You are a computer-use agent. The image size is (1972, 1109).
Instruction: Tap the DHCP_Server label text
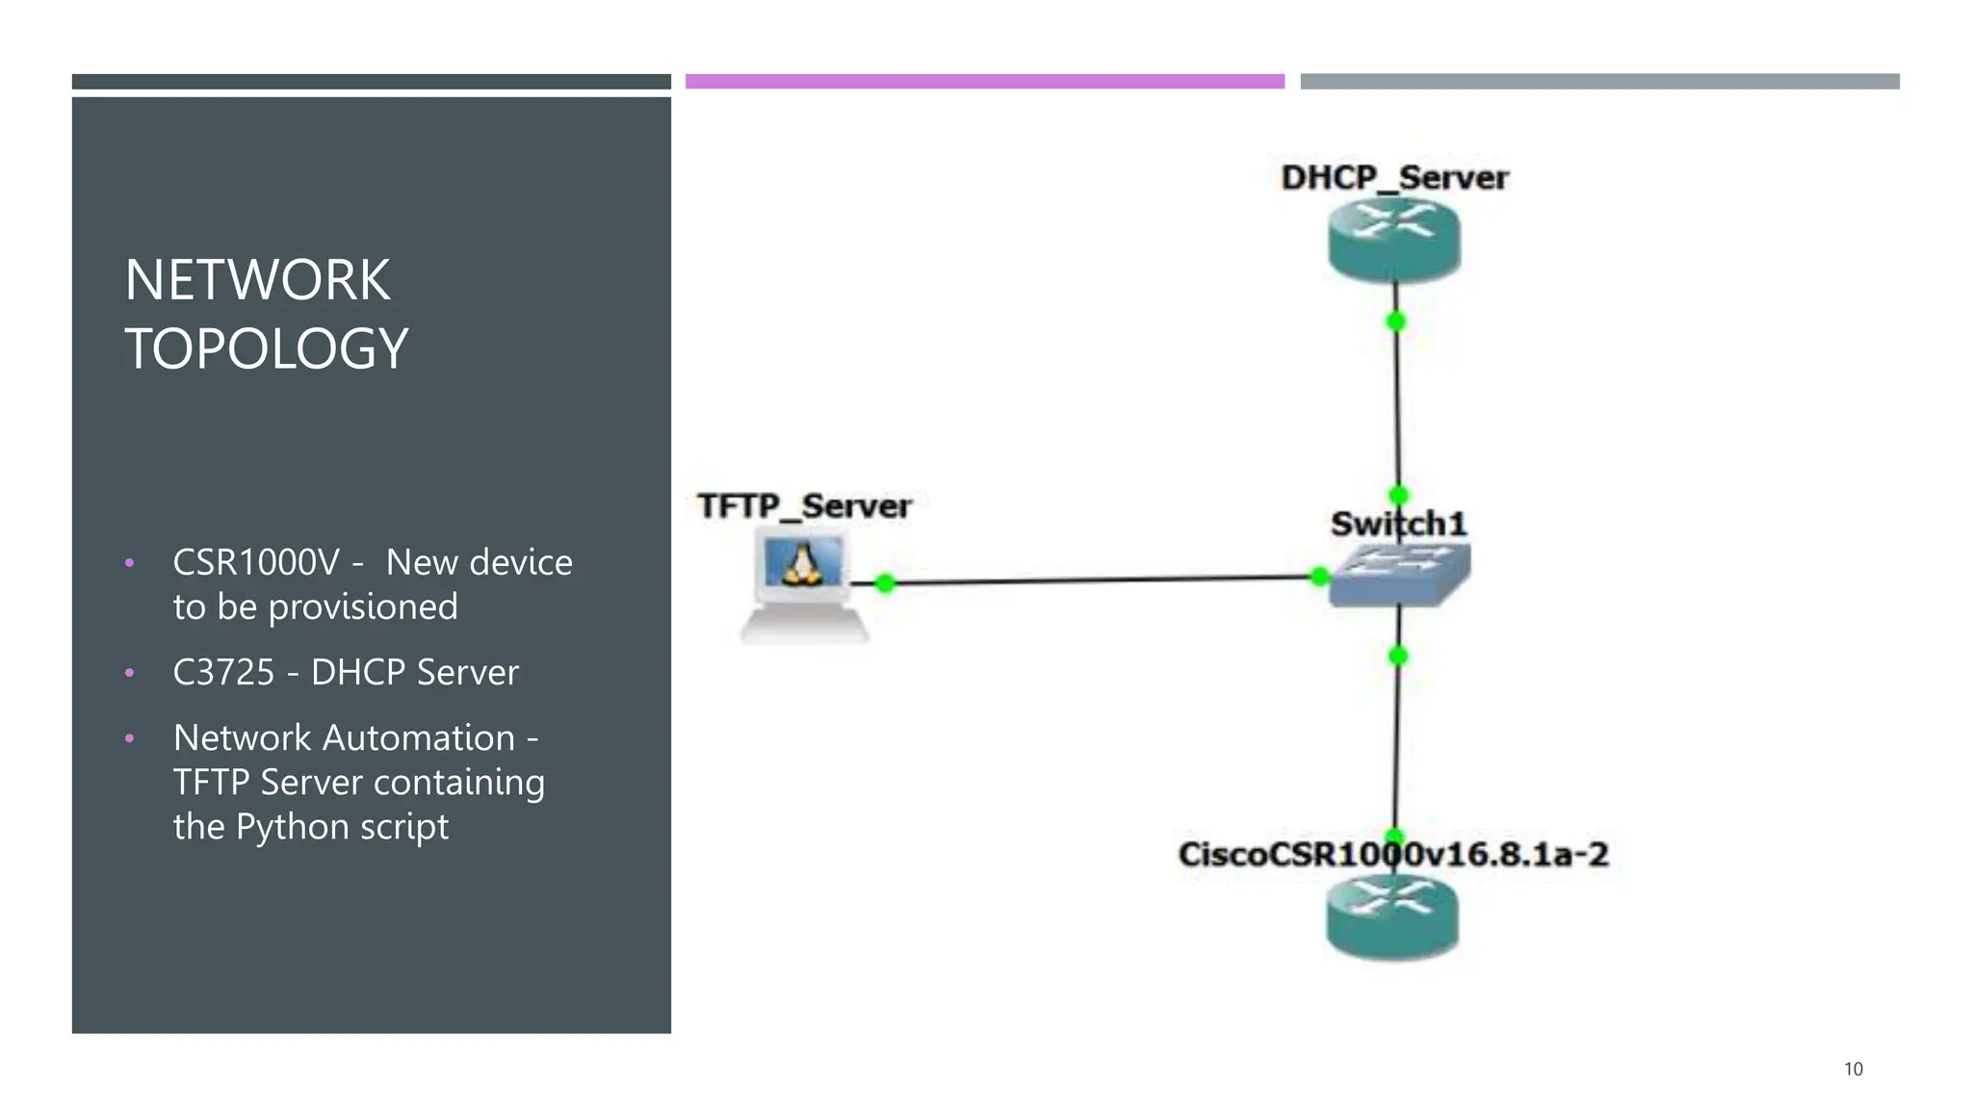point(1394,177)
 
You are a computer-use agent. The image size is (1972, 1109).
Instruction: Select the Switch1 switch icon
point(1400,576)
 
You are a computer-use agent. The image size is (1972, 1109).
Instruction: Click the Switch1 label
point(1398,525)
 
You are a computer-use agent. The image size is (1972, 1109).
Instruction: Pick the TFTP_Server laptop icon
point(804,587)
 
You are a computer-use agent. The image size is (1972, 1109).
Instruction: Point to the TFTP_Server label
point(804,506)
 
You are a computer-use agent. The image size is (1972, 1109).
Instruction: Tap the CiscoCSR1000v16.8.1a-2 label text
point(1392,854)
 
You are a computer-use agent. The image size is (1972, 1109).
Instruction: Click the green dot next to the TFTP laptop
point(886,582)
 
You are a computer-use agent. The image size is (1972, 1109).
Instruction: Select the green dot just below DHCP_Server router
point(1395,322)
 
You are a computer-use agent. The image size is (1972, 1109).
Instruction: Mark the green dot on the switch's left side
point(1320,577)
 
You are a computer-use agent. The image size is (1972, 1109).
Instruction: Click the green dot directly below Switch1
point(1398,657)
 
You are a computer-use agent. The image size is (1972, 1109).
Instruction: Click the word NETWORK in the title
point(257,280)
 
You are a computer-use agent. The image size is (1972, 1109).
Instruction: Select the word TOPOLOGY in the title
point(267,348)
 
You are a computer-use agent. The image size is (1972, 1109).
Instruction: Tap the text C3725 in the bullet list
point(223,672)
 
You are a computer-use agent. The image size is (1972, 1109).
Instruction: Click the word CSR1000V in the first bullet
point(256,562)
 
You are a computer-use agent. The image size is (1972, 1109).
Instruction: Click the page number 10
point(1853,1069)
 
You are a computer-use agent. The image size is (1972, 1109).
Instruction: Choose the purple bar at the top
point(984,82)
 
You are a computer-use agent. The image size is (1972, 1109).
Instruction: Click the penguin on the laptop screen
point(801,564)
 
